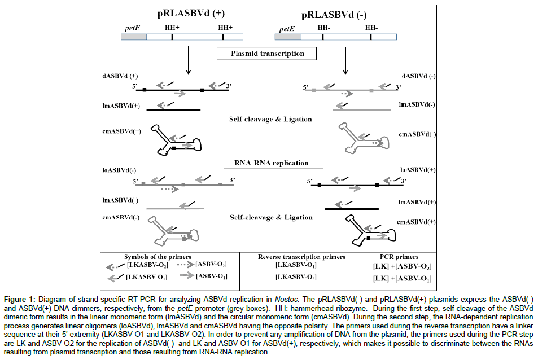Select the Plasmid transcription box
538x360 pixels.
267,54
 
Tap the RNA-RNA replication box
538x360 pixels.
267,163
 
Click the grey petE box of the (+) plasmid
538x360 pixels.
134,37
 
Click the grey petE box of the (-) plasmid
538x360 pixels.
287,37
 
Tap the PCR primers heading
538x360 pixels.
401,257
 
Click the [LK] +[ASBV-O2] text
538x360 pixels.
401,266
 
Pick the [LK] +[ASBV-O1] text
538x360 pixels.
401,279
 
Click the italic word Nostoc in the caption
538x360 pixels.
288,298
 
